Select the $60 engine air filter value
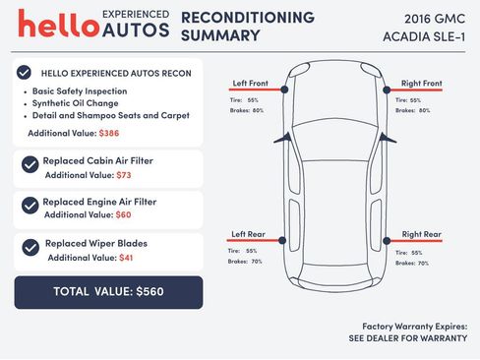point(123,214)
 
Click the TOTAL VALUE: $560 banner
point(108,292)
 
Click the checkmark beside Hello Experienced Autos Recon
point(23,73)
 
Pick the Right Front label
point(421,83)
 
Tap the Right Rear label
point(421,234)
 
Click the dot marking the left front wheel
point(284,90)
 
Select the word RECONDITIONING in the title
point(248,18)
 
